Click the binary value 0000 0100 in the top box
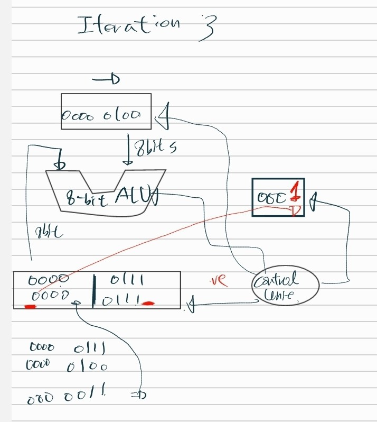pos(101,114)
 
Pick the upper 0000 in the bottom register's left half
pos(49,279)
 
